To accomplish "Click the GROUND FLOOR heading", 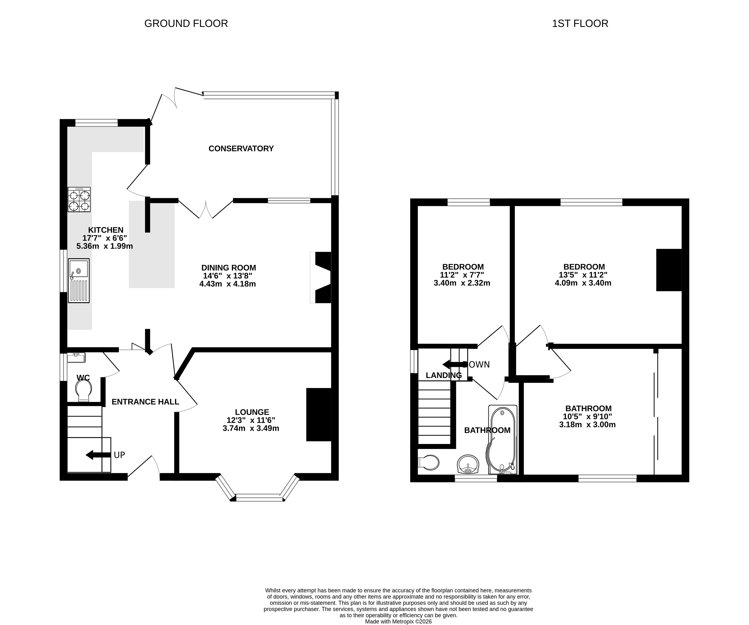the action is click(186, 23).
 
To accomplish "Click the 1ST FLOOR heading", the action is click(580, 23).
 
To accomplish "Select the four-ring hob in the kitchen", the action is click(79, 200).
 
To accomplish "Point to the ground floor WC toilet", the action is click(84, 390).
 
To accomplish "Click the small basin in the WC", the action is click(76, 358).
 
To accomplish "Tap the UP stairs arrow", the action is click(98, 455).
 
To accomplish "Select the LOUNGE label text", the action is click(252, 412).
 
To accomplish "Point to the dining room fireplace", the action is click(321, 277).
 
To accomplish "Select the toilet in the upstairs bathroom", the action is click(428, 462).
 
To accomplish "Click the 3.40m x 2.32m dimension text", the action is click(462, 283).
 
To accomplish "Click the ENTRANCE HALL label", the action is click(145, 402).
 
